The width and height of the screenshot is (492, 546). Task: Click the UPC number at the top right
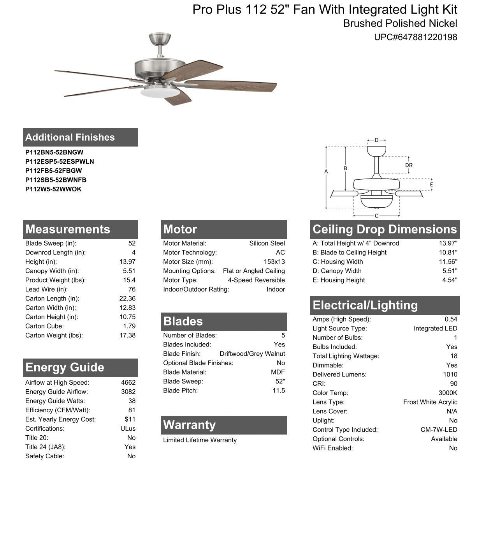(x=415, y=37)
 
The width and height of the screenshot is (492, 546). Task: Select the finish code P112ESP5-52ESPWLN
(x=60, y=161)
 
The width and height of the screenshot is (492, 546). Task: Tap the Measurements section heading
(x=68, y=229)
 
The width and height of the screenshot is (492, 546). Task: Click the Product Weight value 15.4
(x=129, y=280)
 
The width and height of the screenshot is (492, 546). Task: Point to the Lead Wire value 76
(x=132, y=289)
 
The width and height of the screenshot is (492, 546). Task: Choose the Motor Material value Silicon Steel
(x=267, y=243)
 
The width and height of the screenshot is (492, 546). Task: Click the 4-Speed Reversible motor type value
(x=256, y=280)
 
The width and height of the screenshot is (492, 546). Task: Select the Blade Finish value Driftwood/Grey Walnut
(x=252, y=354)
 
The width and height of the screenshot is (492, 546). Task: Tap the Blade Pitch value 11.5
(x=279, y=391)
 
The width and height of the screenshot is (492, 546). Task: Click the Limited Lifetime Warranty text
(x=200, y=440)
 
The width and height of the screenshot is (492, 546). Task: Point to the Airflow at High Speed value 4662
(x=128, y=383)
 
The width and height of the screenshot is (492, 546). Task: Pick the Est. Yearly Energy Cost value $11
(x=130, y=419)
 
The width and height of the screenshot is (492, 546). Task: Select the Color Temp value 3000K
(x=448, y=393)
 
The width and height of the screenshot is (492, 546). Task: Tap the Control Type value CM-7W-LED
(x=439, y=429)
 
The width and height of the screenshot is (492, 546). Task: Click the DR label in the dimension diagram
(x=409, y=165)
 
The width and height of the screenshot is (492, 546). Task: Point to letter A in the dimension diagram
(x=326, y=171)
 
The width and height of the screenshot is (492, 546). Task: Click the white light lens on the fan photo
(x=160, y=92)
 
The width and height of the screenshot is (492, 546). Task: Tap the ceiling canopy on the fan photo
(x=160, y=38)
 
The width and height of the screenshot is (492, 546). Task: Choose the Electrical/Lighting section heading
(x=365, y=305)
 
